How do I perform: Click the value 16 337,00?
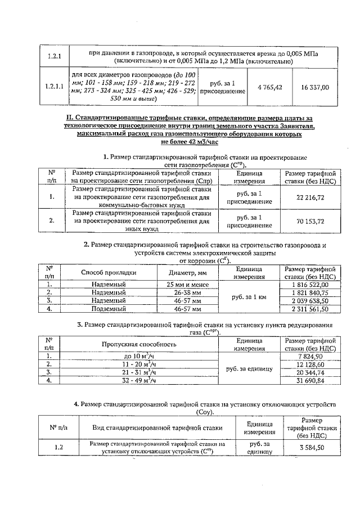pos(315,87)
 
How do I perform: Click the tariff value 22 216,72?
pos(310,197)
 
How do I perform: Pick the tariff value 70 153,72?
pos(310,221)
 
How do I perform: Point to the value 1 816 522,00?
pos(310,285)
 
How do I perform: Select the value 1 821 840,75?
pos(310,293)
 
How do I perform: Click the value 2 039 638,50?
pos(310,301)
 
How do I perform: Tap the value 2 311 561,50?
pos(310,309)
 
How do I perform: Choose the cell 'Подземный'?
pos(109,309)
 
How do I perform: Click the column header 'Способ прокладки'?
pos(109,273)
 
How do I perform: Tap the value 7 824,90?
pos(310,357)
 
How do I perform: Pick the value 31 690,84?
pos(310,380)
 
